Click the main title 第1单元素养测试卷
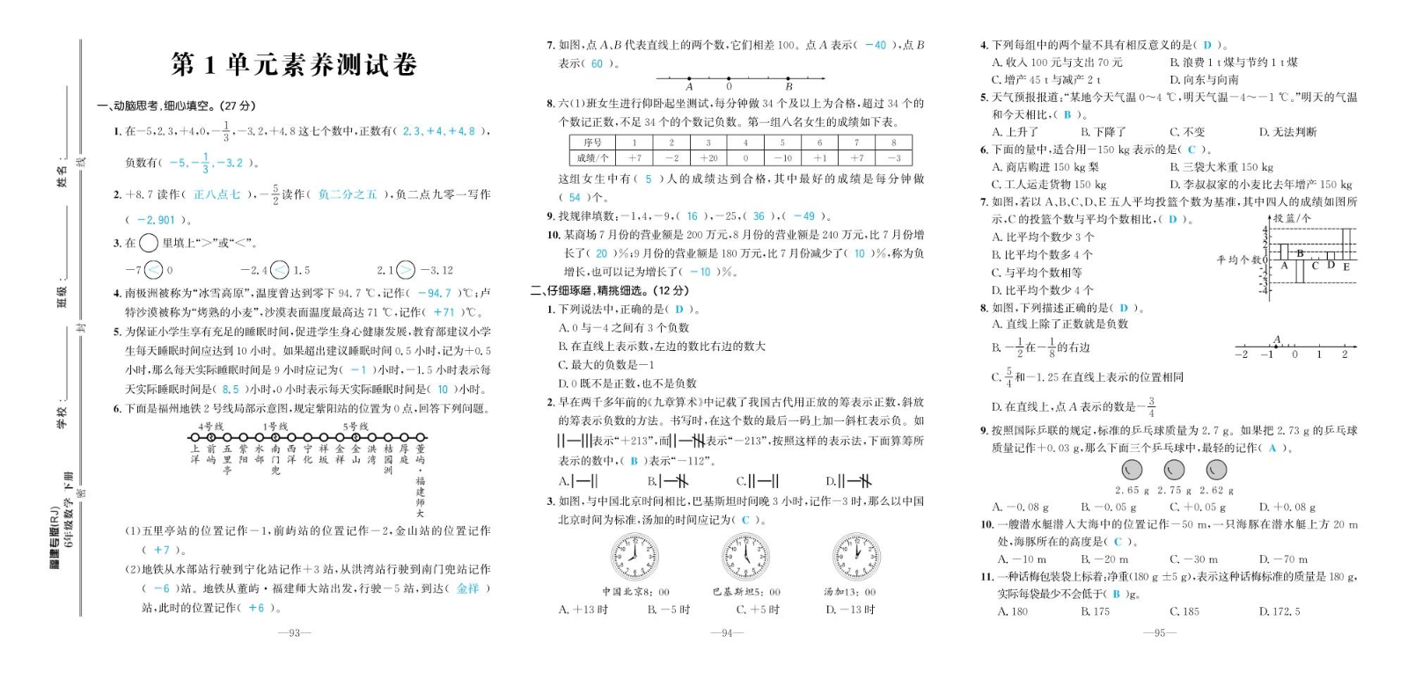click(294, 64)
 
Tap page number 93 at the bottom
click(294, 632)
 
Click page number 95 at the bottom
click(1159, 632)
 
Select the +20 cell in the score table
click(708, 158)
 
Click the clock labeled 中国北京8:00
click(634, 558)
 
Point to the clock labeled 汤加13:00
click(855, 558)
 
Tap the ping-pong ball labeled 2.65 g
click(1132, 471)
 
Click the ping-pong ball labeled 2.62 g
click(1216, 471)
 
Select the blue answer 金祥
click(468, 588)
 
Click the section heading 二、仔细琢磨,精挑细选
click(609, 290)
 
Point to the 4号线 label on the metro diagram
click(211, 427)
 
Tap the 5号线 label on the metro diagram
click(356, 427)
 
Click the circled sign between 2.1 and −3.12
click(406, 270)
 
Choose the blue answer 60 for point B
click(598, 63)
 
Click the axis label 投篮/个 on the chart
click(1292, 218)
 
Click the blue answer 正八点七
click(216, 194)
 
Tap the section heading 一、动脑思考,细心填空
click(176, 106)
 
